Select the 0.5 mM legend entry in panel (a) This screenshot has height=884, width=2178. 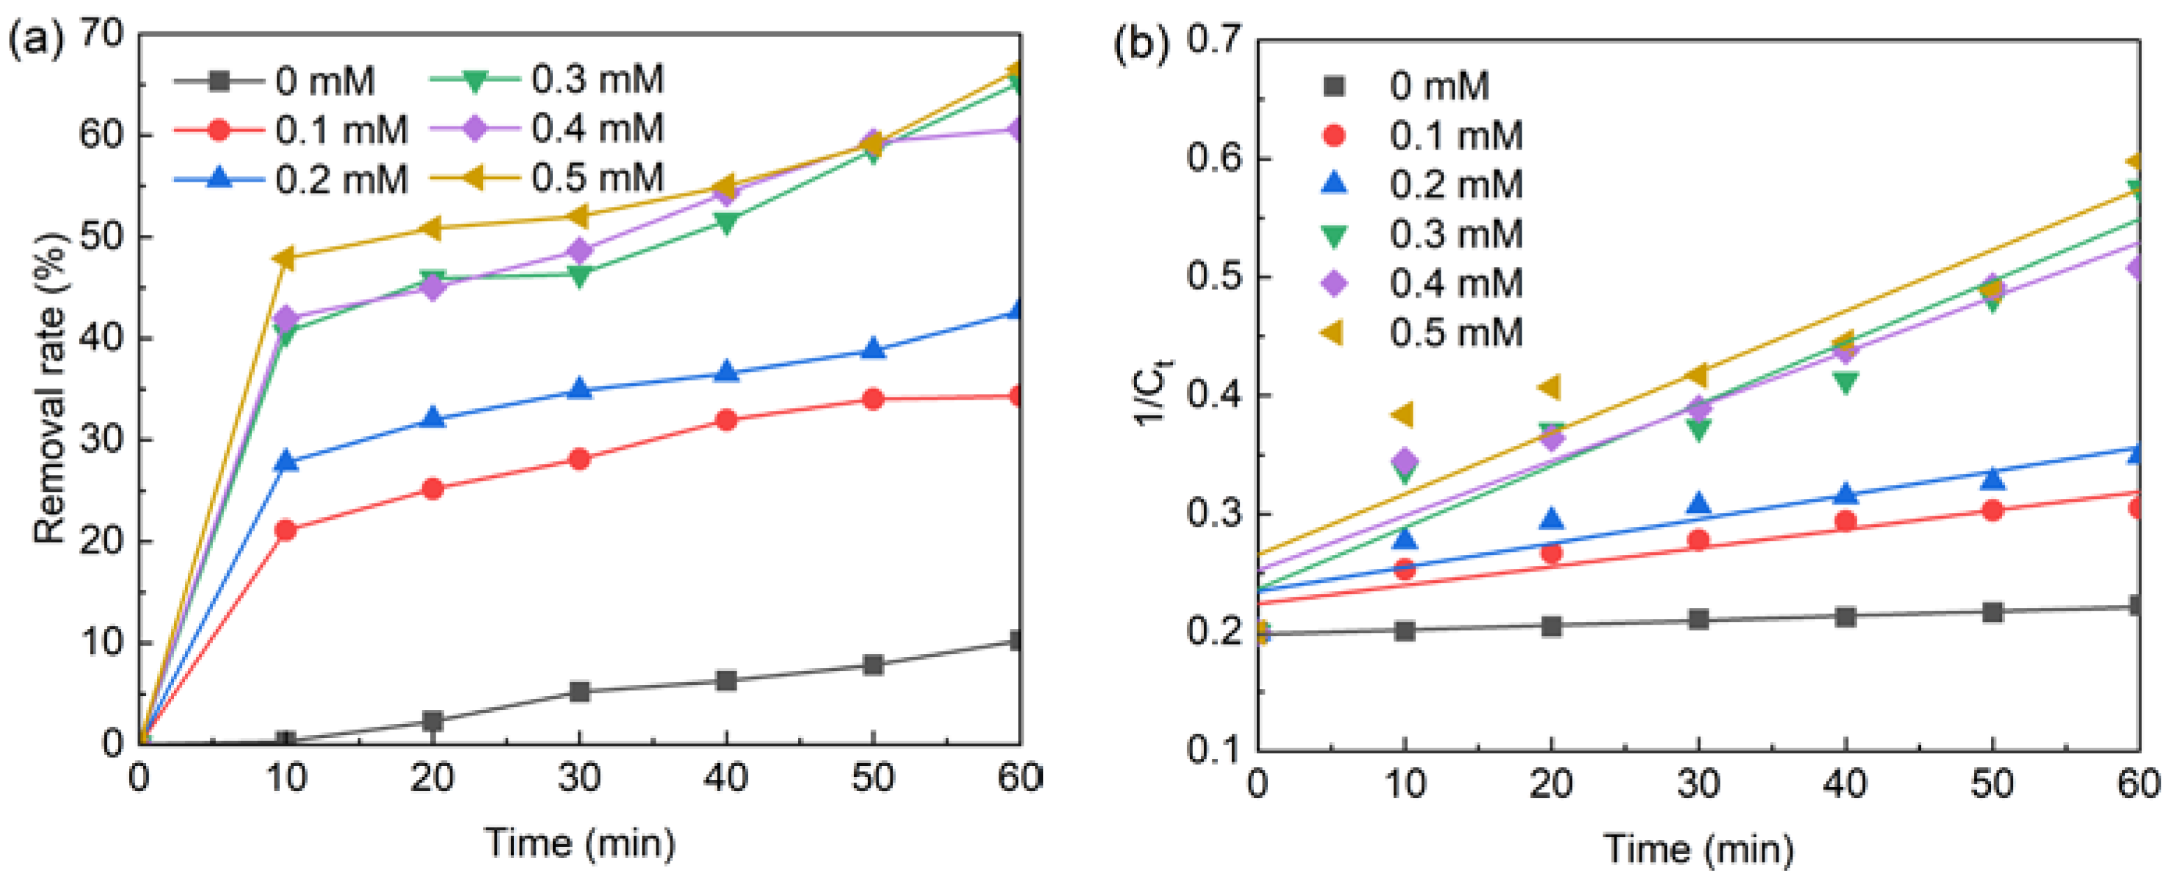pos(549,178)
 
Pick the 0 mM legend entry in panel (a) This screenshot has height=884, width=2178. pos(276,81)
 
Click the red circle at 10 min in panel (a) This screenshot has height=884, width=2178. pos(286,530)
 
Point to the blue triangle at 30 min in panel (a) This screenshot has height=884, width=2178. pos(579,389)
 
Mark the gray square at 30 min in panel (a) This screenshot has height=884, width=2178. pos(579,692)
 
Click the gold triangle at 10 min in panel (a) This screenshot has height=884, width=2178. pos(286,258)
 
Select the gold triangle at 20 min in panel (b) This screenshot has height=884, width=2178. pos(1551,387)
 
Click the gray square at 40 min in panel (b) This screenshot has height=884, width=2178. pos(1845,616)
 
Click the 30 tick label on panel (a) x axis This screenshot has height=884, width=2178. pos(579,777)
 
